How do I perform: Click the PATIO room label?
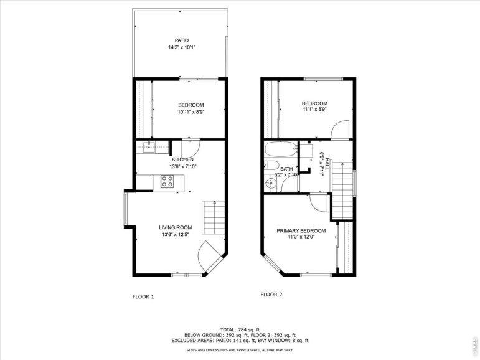(x=182, y=40)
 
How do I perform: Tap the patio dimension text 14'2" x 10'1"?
(x=182, y=47)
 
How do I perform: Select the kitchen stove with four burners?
(x=167, y=181)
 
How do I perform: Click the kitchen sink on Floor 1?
(x=149, y=148)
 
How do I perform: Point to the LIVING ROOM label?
(x=176, y=227)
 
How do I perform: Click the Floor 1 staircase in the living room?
(x=214, y=217)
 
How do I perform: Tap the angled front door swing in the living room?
(x=208, y=256)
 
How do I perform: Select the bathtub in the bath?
(x=281, y=149)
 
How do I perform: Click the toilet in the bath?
(x=271, y=166)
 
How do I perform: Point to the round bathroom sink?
(x=271, y=184)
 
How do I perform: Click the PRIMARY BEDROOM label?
(x=301, y=230)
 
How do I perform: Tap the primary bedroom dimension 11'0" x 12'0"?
(x=301, y=237)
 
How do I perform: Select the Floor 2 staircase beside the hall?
(x=342, y=190)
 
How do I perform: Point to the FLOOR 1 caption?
(x=143, y=296)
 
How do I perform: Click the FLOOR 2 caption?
(x=271, y=295)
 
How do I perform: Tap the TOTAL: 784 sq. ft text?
(x=240, y=329)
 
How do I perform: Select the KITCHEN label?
(x=182, y=159)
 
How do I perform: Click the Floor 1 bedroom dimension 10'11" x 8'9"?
(x=191, y=112)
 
